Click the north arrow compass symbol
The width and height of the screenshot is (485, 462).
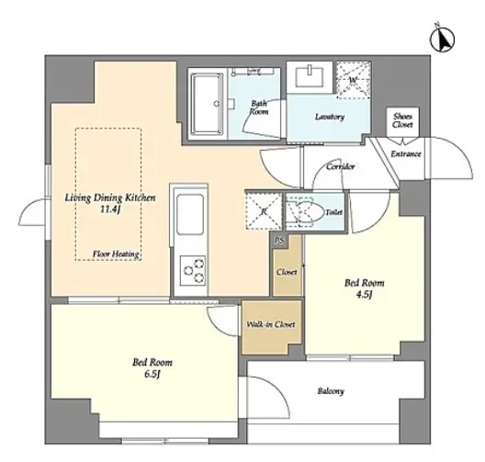[443, 39]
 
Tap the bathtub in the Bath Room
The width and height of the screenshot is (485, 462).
[206, 104]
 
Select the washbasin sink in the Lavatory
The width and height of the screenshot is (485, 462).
[310, 77]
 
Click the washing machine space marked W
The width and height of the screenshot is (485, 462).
[354, 80]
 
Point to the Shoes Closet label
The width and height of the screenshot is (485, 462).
[402, 121]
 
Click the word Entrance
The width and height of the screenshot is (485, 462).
[406, 153]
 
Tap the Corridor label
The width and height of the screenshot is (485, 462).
[340, 166]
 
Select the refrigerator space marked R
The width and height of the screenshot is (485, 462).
[264, 211]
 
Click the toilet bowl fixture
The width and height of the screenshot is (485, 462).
[305, 212]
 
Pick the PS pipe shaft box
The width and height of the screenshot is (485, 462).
[279, 241]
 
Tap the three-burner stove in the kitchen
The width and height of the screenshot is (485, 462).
[193, 270]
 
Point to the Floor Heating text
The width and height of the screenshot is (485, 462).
[116, 254]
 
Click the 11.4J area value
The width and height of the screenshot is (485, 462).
[109, 209]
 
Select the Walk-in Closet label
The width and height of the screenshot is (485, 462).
[271, 324]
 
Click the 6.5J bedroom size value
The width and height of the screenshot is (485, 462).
[152, 374]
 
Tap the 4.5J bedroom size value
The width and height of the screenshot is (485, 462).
[364, 295]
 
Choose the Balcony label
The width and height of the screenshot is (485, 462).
[331, 391]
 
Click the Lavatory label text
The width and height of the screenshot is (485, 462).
[330, 117]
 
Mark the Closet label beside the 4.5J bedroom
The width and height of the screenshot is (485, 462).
[287, 272]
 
